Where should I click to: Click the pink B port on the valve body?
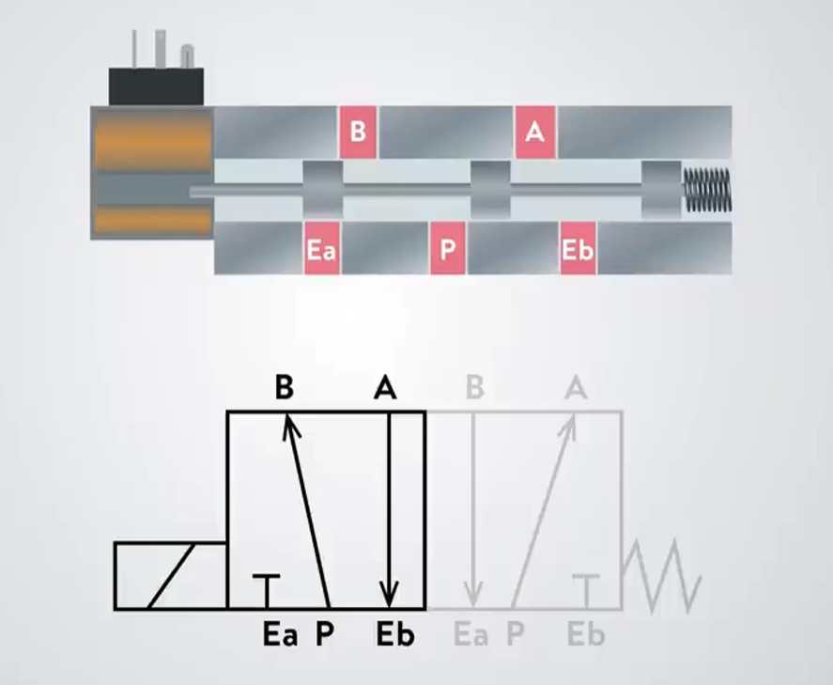click(x=358, y=132)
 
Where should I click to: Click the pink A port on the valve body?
click(x=534, y=132)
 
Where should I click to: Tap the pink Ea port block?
click(x=321, y=250)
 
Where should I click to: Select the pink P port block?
click(x=448, y=250)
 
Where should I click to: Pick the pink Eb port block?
click(x=578, y=250)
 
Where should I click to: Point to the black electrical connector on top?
click(x=157, y=86)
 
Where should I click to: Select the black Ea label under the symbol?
click(x=280, y=635)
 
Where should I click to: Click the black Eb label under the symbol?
click(x=394, y=635)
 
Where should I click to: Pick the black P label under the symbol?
click(x=324, y=635)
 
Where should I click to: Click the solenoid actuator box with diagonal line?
click(x=170, y=576)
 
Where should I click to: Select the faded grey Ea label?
click(x=470, y=635)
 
